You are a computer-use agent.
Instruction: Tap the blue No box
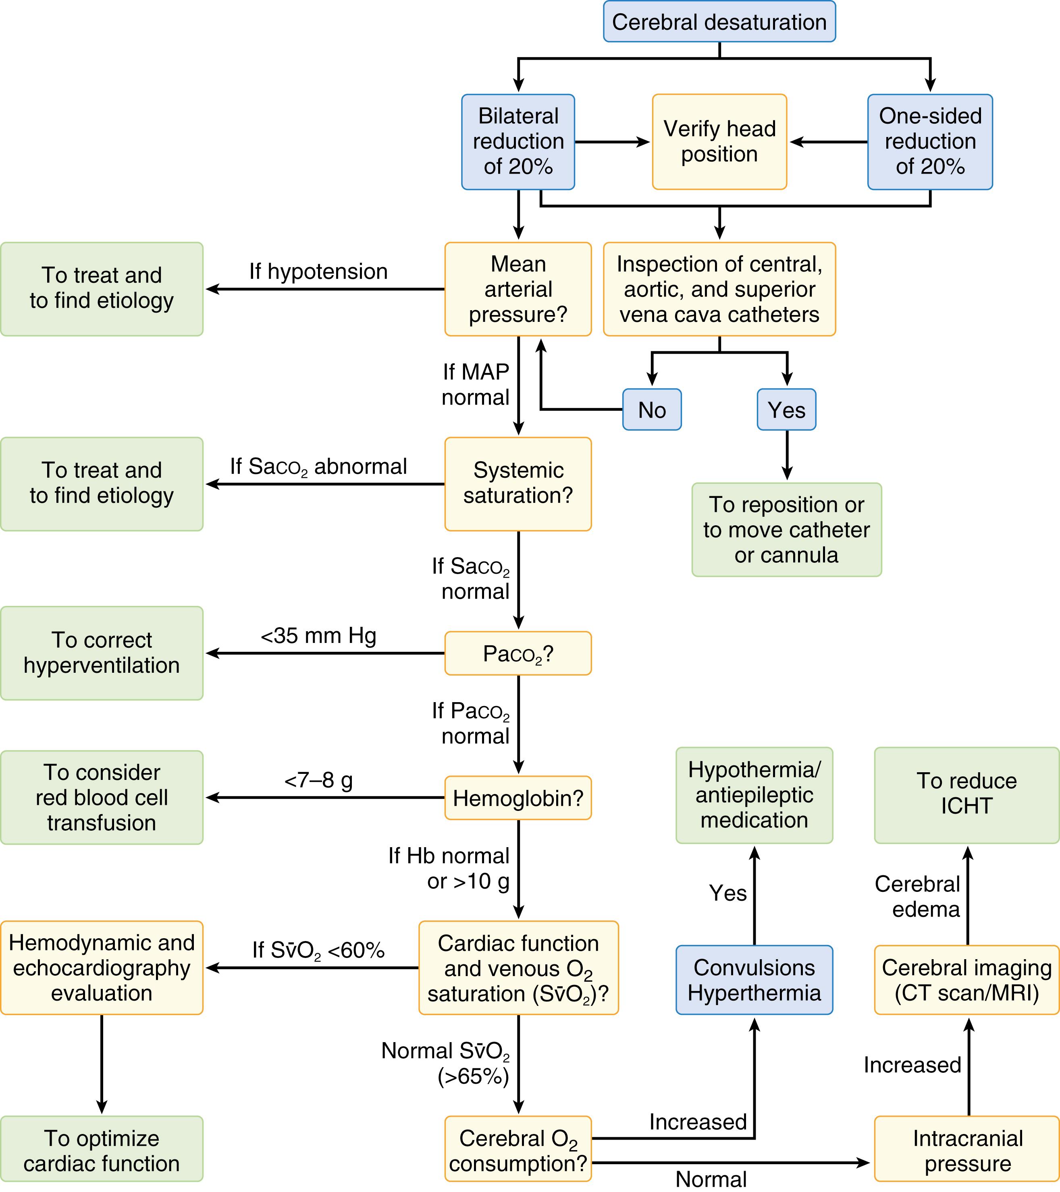(652, 410)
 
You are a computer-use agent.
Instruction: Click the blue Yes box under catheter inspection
(786, 410)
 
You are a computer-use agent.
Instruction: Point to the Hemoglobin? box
(518, 798)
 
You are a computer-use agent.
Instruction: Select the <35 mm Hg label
(318, 636)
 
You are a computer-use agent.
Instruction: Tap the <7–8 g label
(318, 780)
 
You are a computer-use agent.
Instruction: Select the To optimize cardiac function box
(102, 1151)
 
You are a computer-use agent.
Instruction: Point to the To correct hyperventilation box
(102, 653)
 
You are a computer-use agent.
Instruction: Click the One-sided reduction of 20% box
(929, 142)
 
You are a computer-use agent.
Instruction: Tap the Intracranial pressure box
(966, 1151)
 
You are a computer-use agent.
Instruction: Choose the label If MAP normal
(476, 384)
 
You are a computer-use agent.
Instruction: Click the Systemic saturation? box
(518, 483)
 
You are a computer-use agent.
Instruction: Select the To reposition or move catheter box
(786, 529)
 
